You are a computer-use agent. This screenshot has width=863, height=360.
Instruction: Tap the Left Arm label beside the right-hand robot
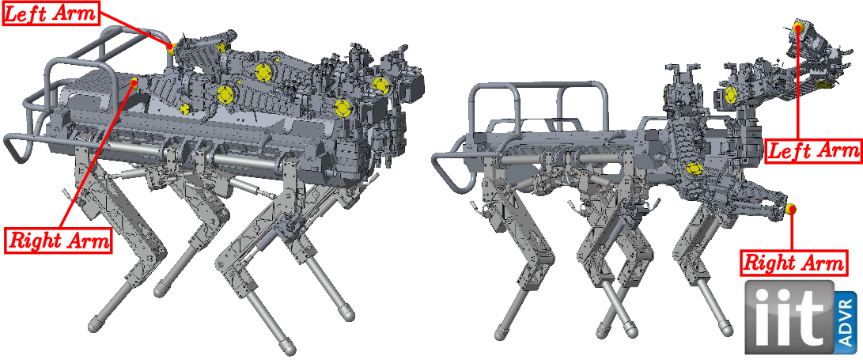point(813,150)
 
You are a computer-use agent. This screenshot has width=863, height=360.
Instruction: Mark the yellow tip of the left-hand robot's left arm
point(172,48)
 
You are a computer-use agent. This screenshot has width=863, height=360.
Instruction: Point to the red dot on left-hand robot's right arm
point(134,83)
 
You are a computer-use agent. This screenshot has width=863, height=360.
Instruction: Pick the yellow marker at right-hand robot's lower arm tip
point(791,209)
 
